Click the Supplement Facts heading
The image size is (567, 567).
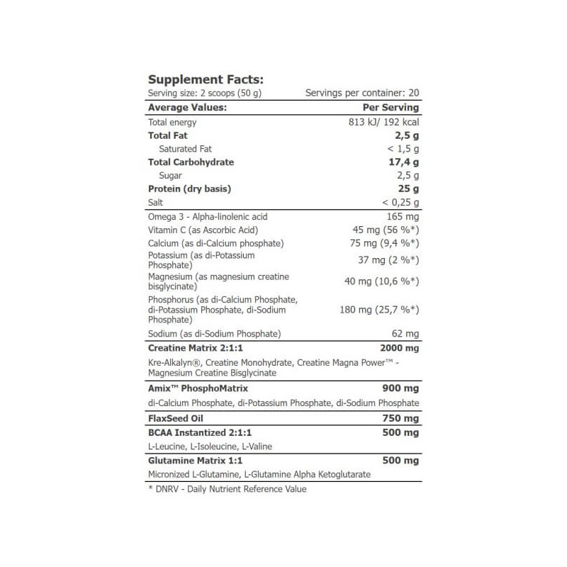[205, 79]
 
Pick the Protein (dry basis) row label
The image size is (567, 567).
[189, 189]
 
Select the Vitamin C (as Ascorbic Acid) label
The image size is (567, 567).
[203, 230]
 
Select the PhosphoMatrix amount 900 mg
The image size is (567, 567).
[400, 389]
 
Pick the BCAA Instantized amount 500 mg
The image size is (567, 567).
[400, 432]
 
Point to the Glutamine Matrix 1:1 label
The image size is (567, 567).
[192, 460]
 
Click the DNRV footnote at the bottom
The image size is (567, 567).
[227, 489]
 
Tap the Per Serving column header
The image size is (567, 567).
[391, 108]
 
